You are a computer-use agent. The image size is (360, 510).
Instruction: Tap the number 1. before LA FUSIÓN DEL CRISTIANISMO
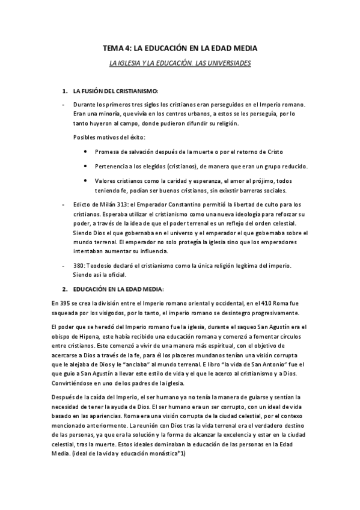coord(65,91)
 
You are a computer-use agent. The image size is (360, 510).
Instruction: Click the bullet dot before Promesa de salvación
coord(87,151)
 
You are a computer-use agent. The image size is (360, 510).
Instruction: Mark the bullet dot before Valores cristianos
coord(87,180)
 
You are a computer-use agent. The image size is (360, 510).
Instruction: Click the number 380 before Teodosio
coord(79,265)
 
